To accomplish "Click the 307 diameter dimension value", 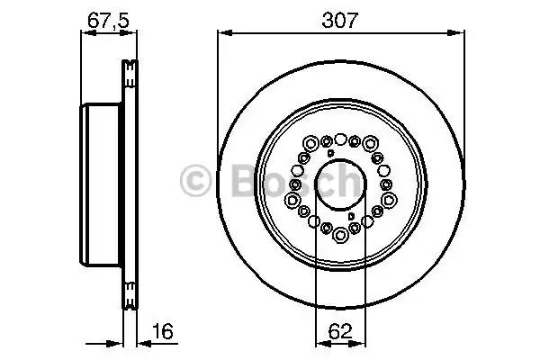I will coord(342,17).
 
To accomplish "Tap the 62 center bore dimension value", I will coord(340,332).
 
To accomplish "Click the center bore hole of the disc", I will coord(340,184).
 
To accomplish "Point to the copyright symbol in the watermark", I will coord(197,182).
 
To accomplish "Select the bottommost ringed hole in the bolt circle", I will coord(341,237).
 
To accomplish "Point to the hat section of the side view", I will coord(101,184).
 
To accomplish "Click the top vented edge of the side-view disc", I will coord(130,67).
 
